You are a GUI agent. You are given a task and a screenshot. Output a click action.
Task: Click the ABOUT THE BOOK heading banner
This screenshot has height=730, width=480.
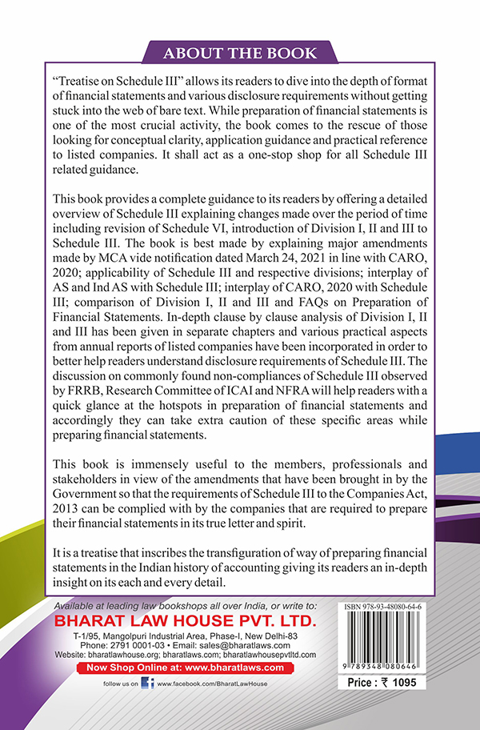[240, 54]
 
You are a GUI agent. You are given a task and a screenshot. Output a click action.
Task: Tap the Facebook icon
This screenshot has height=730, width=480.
[148, 683]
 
